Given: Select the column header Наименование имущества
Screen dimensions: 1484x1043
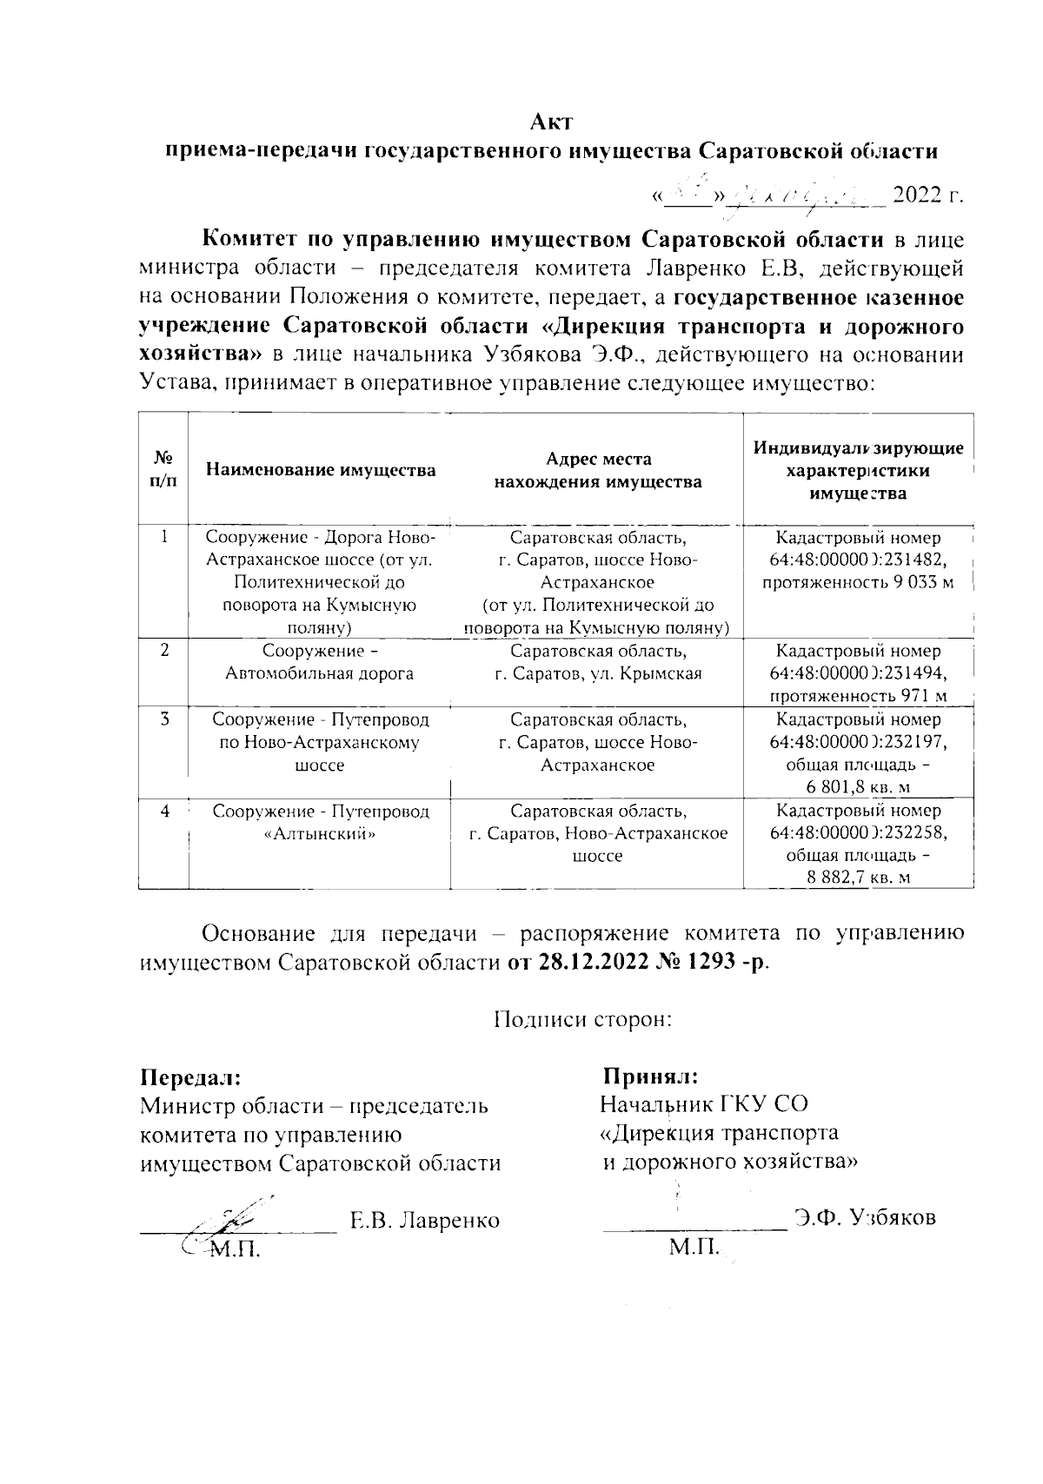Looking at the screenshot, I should click(x=321, y=470).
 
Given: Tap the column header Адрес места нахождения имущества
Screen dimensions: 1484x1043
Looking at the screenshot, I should click(x=598, y=470).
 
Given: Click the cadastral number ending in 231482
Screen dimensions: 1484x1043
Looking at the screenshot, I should click(x=858, y=560).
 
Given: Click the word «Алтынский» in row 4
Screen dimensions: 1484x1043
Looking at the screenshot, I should click(x=320, y=833).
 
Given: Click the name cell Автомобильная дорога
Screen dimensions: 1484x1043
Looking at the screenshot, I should click(x=320, y=673).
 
